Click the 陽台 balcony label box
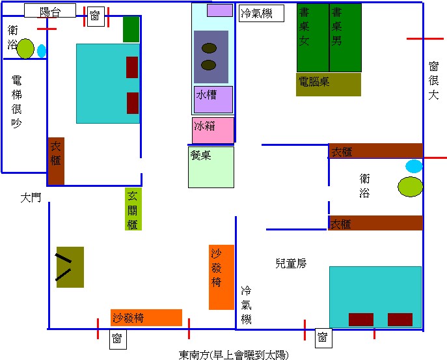tap(49, 11)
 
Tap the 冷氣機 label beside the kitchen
tap(262, 13)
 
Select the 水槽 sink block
tap(213, 99)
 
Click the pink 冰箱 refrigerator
tap(213, 130)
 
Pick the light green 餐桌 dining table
tap(211, 167)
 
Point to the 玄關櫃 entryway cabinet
tap(133, 209)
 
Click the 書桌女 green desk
tap(312, 38)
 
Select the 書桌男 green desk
tap(345, 38)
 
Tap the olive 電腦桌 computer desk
tap(328, 84)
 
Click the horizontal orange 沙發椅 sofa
tap(146, 318)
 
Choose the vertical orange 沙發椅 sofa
tap(221, 277)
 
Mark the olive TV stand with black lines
tap(70, 267)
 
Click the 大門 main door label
tap(31, 197)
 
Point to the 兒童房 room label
tap(291, 264)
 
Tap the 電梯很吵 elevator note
tap(18, 101)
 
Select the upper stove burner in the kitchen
tap(209, 48)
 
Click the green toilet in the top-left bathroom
tap(25, 48)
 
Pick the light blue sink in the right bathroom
tap(414, 166)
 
